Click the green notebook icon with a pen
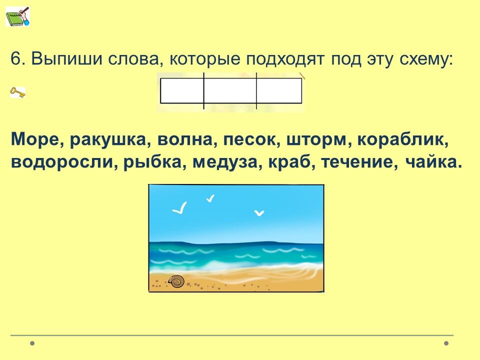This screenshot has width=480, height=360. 17,16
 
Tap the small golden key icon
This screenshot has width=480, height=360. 17,92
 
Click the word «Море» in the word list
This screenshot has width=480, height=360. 35,139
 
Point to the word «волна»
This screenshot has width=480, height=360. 184,140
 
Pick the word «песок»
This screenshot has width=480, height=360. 251,140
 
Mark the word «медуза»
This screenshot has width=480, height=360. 225,162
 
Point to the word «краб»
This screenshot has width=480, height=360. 291,162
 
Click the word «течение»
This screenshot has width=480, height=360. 357,162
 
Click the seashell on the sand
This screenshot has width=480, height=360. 176,281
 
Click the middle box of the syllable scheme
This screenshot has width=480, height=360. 230,91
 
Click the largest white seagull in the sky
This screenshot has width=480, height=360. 179,207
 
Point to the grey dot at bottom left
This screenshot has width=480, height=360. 32,343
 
